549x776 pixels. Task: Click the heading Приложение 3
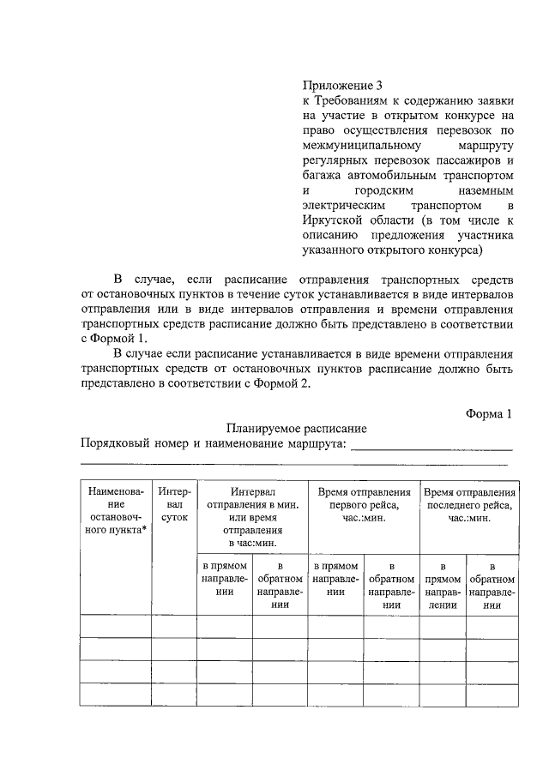[341, 86]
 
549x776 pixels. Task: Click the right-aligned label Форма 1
[488, 412]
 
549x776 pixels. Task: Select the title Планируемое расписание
[297, 428]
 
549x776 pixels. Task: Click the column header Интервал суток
[174, 505]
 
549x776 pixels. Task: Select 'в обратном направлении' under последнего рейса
[492, 585]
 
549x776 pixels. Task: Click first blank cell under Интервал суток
[174, 627]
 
